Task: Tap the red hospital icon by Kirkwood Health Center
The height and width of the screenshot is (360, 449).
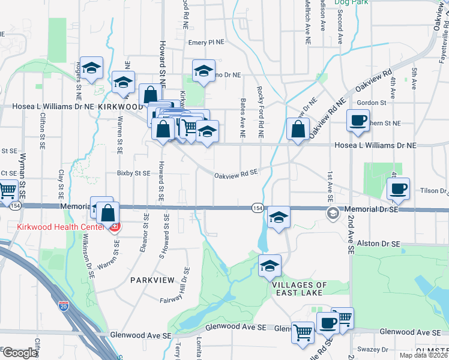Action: (115, 227)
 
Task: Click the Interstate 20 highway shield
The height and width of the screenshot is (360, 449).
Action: (64, 306)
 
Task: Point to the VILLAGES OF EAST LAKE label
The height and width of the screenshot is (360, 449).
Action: (298, 288)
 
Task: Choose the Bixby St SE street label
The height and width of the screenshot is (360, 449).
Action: (133, 173)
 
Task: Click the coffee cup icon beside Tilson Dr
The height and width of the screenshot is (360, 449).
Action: (398, 189)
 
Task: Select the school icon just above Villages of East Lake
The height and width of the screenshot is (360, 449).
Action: (270, 265)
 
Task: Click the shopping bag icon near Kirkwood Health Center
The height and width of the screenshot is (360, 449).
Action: (108, 213)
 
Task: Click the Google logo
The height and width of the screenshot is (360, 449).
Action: (20, 353)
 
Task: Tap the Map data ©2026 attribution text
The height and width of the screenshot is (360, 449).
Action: (423, 355)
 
